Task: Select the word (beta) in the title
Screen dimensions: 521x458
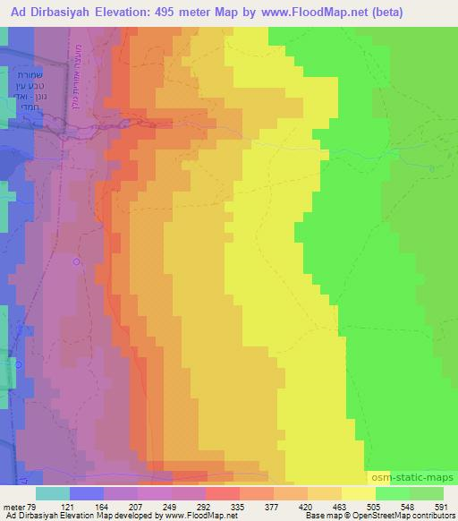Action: click(x=379, y=13)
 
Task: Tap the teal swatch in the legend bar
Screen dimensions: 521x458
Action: click(x=53, y=494)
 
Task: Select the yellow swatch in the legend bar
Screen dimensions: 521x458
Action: click(x=359, y=494)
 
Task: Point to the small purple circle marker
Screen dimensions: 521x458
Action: click(x=77, y=261)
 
